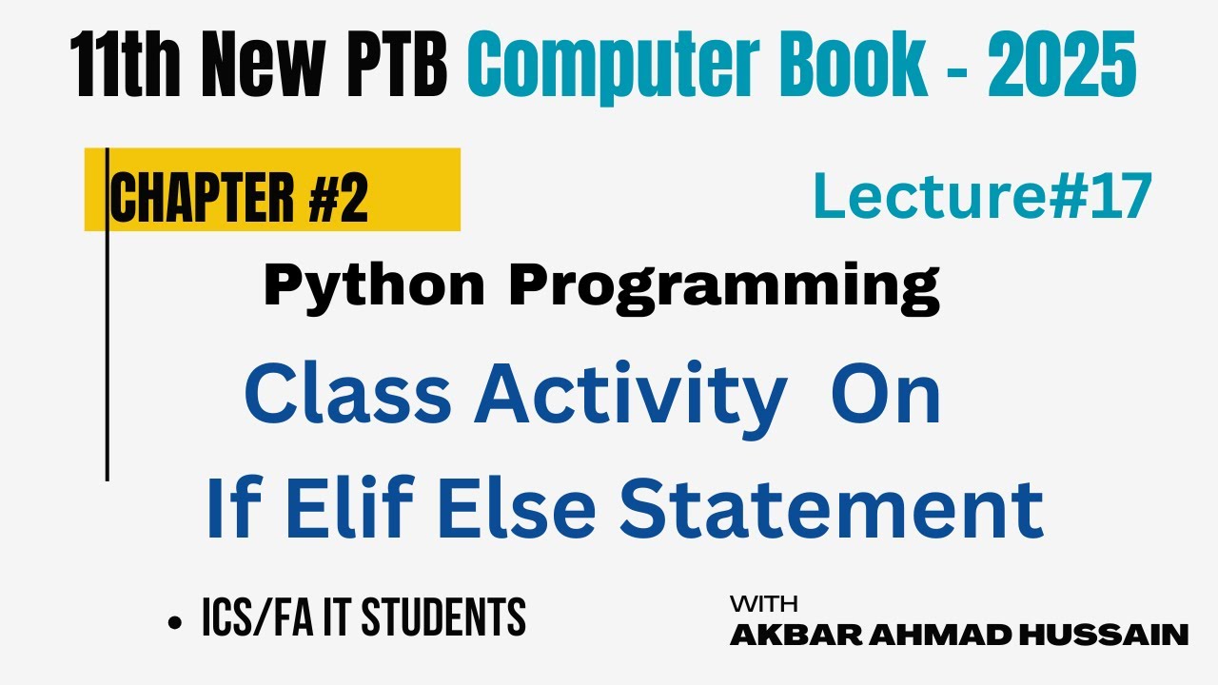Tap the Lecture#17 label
tap(982, 197)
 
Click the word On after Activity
tap(885, 397)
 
